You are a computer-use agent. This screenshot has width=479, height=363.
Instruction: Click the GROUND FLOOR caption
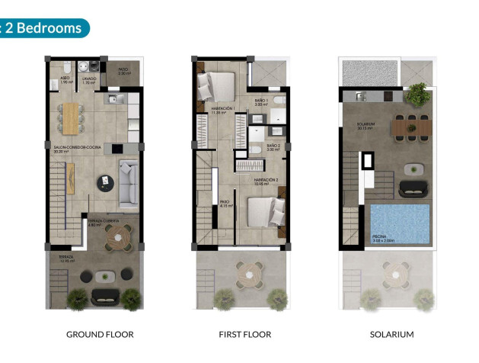100,334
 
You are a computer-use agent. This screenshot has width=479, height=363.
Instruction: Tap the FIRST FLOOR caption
244,334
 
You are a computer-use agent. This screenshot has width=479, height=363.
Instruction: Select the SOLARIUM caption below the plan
391,334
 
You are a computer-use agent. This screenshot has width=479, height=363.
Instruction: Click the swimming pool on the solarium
400,222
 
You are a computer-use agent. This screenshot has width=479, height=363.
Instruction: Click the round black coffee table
104,183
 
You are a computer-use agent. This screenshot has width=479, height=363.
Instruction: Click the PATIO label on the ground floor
123,70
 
